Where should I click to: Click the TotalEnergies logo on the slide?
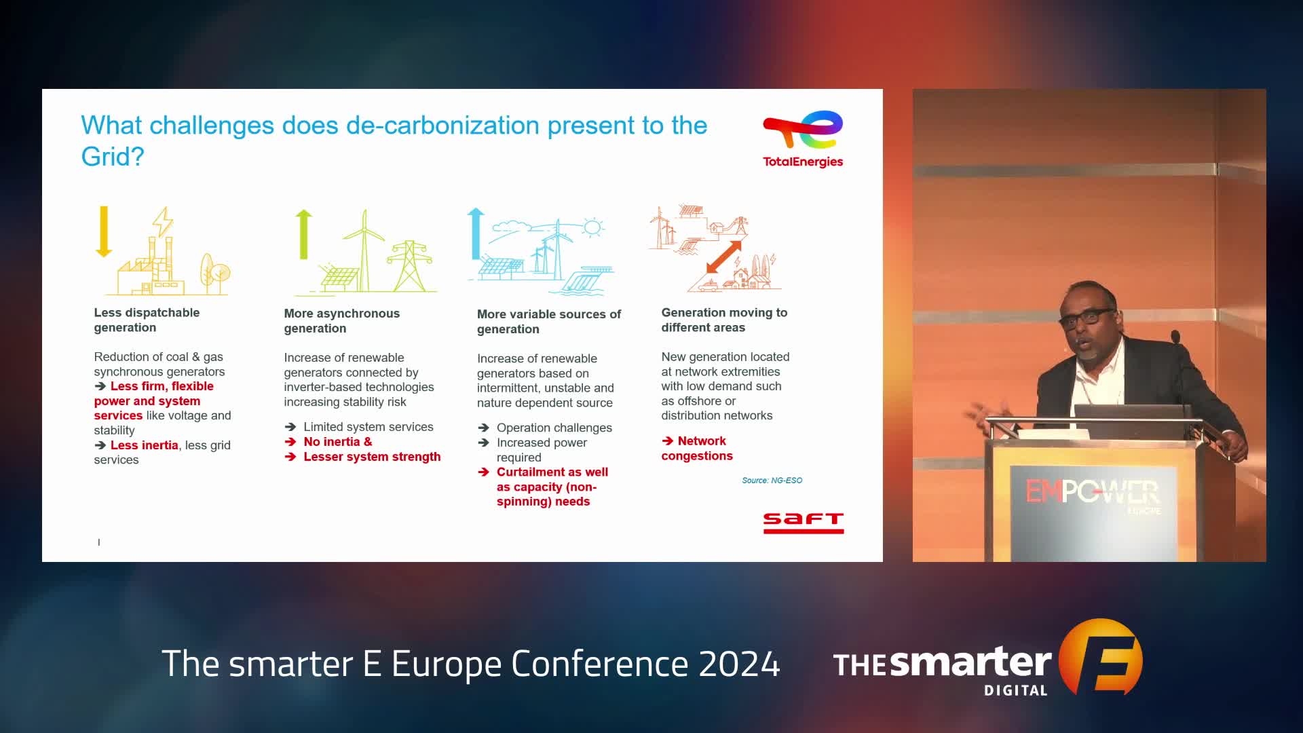tap(803, 139)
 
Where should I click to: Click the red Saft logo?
tap(804, 523)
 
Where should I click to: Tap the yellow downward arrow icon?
tap(104, 231)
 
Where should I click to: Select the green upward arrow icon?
tap(303, 234)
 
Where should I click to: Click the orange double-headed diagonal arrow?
tap(723, 257)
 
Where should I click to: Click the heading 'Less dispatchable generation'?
tap(147, 320)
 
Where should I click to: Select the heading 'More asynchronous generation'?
tap(341, 320)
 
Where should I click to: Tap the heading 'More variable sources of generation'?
tap(548, 321)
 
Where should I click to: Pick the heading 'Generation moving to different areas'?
tap(724, 320)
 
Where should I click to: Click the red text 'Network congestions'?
tap(697, 448)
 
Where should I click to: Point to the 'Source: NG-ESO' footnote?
tap(772, 481)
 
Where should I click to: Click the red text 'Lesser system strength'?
tap(372, 457)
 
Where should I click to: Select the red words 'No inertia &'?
tap(337, 442)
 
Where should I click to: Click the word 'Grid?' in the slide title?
tap(113, 157)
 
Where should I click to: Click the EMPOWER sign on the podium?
tap(1093, 492)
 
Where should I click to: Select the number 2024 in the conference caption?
tap(739, 664)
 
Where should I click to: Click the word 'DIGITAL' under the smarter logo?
tap(1016, 690)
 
